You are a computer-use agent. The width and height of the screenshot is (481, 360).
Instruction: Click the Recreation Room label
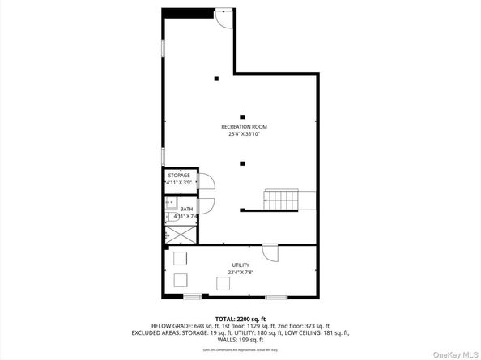point(244,127)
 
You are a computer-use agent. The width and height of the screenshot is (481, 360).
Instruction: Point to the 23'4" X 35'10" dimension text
point(244,135)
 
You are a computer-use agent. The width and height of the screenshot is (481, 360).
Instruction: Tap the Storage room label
point(179,175)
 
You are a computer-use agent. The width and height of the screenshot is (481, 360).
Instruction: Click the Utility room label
point(240,265)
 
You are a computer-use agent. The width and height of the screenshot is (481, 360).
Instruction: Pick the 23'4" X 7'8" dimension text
point(240,273)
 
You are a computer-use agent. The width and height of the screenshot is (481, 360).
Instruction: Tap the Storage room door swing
point(205,183)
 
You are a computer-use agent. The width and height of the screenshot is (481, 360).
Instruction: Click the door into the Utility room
point(270,252)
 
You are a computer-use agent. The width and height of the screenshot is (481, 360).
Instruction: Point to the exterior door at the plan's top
point(223,19)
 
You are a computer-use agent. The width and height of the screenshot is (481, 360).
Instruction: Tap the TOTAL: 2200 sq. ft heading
point(240,320)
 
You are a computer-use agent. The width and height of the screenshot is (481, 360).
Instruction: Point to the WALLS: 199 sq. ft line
point(240,340)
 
